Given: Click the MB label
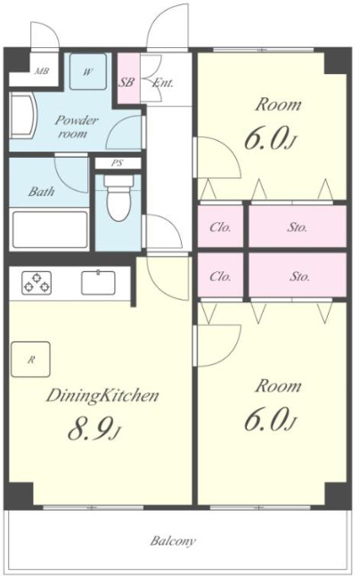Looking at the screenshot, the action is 42,71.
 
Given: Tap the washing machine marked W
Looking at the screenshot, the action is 88,71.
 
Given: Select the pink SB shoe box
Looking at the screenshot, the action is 128,79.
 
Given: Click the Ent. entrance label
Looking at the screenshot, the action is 162,83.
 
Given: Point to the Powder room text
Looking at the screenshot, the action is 77,127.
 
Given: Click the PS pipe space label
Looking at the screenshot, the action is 118,163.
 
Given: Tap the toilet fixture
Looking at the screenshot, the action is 118,198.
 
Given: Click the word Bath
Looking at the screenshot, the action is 41,192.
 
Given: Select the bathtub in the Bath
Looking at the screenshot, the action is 50,229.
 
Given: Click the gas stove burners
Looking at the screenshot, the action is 37,283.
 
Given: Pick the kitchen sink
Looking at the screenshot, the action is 98,283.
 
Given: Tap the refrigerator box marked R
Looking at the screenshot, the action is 30,359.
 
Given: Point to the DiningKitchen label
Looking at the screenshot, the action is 102,396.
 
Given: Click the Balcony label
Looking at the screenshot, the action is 173,541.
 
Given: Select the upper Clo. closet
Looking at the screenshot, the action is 220,226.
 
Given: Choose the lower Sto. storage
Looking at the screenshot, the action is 298,275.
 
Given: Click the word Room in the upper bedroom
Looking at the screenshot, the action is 278,104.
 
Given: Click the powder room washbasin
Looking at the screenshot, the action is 23,115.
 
